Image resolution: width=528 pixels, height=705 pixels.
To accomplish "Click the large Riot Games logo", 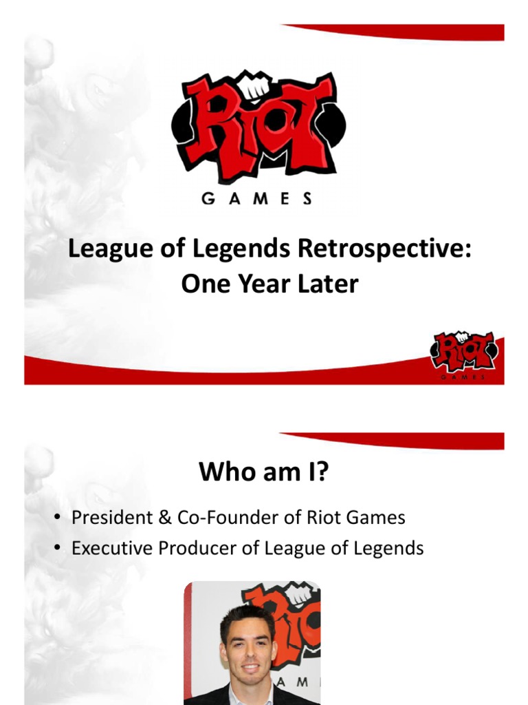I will (258, 127).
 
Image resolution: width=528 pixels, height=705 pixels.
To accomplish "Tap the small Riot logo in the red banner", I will (464, 353).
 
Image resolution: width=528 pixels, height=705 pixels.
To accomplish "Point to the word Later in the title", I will (329, 283).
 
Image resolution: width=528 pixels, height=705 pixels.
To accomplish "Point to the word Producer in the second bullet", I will (199, 548).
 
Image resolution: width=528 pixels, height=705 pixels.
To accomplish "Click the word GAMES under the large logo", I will (256, 198).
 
